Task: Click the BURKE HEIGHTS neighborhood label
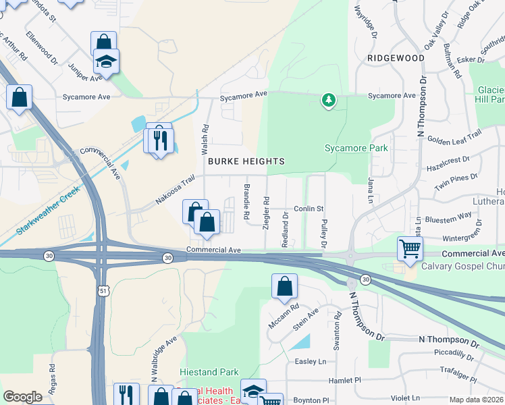pyautogui.click(x=246, y=161)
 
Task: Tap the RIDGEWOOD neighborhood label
pyautogui.click(x=396, y=58)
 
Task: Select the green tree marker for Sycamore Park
pyautogui.click(x=329, y=101)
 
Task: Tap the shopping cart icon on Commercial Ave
pyautogui.click(x=410, y=248)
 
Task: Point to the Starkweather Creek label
pyautogui.click(x=47, y=207)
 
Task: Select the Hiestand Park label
pyautogui.click(x=209, y=372)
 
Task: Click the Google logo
pyautogui.click(x=22, y=396)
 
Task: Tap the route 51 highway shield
pyautogui.click(x=103, y=290)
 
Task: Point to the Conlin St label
pyautogui.click(x=309, y=209)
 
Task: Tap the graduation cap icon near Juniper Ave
pyautogui.click(x=106, y=61)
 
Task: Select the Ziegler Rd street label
pyautogui.click(x=267, y=211)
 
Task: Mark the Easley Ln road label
pyautogui.click(x=311, y=361)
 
